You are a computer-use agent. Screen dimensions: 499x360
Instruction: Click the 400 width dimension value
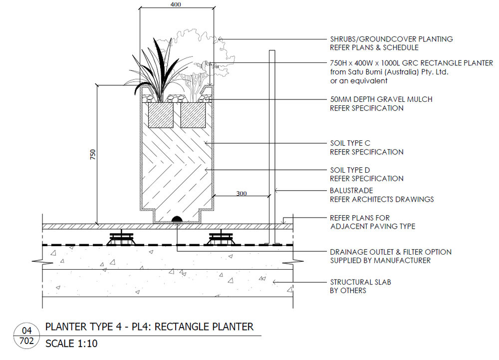[175, 4]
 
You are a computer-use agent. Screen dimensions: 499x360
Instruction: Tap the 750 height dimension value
[93, 154]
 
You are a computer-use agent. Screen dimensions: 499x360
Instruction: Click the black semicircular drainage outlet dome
[177, 220]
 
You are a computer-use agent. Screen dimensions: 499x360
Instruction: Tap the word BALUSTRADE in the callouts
[351, 191]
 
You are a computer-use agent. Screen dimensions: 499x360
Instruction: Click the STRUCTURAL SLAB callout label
[360, 282]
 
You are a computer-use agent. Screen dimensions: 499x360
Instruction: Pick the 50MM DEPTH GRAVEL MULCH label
[381, 99]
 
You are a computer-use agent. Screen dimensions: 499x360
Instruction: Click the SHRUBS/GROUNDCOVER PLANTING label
[391, 39]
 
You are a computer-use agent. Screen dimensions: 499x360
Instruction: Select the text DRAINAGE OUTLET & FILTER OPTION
[391, 252]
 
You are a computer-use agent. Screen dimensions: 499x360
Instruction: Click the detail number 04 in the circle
[27, 331]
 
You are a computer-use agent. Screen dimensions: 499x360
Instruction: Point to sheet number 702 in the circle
[27, 342]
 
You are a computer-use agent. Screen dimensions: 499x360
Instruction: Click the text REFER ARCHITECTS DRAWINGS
[382, 199]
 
